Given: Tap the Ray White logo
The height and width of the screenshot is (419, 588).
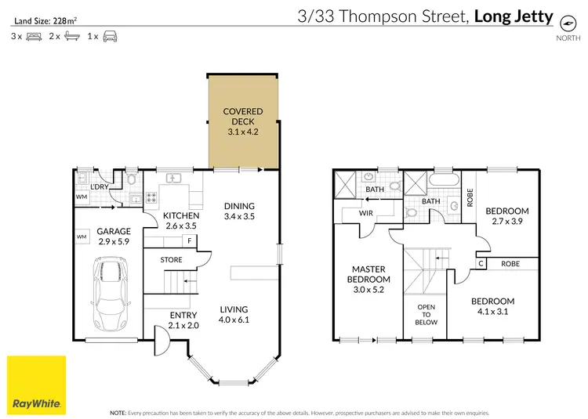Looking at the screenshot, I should [37, 385].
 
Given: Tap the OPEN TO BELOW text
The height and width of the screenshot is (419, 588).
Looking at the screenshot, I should [426, 314].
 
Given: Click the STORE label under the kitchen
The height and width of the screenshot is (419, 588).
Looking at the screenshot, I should [171, 260].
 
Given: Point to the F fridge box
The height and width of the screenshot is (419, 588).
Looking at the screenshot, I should [189, 240].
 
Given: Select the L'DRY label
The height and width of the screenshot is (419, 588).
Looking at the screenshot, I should [100, 186].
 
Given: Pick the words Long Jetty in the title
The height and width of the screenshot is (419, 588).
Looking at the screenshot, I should [513, 15].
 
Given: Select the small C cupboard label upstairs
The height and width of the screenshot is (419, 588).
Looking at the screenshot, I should [480, 264].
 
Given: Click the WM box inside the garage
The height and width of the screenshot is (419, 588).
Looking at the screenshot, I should [82, 236].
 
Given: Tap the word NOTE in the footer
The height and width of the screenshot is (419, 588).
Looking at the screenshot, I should [118, 411].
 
